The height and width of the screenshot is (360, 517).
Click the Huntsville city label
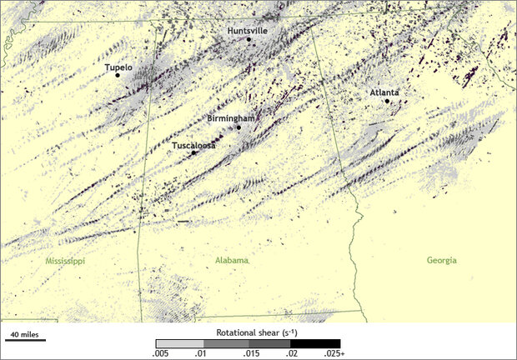[x=248, y=30]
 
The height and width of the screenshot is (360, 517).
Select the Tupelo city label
[x=118, y=66]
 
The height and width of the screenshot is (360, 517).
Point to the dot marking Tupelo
[x=118, y=75]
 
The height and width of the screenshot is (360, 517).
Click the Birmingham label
[x=229, y=119]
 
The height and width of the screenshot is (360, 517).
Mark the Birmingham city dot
[x=238, y=127]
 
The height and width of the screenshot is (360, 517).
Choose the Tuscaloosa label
[x=193, y=145]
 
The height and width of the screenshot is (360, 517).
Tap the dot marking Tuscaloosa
[x=193, y=152]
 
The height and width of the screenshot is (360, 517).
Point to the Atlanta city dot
[x=387, y=101]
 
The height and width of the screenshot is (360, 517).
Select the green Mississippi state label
[x=65, y=261]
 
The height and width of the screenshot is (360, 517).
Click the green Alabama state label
[x=232, y=261]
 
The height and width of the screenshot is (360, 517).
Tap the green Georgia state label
[x=441, y=261]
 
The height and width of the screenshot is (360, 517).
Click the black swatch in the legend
[x=322, y=343]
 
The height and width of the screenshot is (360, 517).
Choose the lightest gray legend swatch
[x=174, y=343]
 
